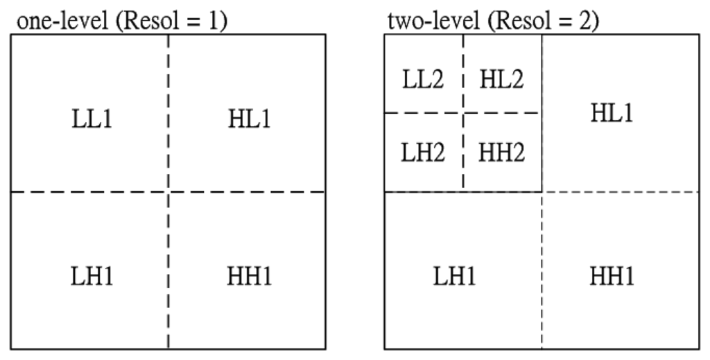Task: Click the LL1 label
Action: click(x=90, y=119)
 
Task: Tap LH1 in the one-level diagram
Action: click(x=90, y=276)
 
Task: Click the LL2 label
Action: click(x=422, y=80)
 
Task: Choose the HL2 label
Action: click(x=501, y=80)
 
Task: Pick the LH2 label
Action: click(x=422, y=153)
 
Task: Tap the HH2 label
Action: click(x=501, y=153)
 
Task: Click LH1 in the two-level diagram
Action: click(x=454, y=276)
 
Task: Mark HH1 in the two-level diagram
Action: click(x=612, y=276)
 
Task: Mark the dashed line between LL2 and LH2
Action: click(x=423, y=112)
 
